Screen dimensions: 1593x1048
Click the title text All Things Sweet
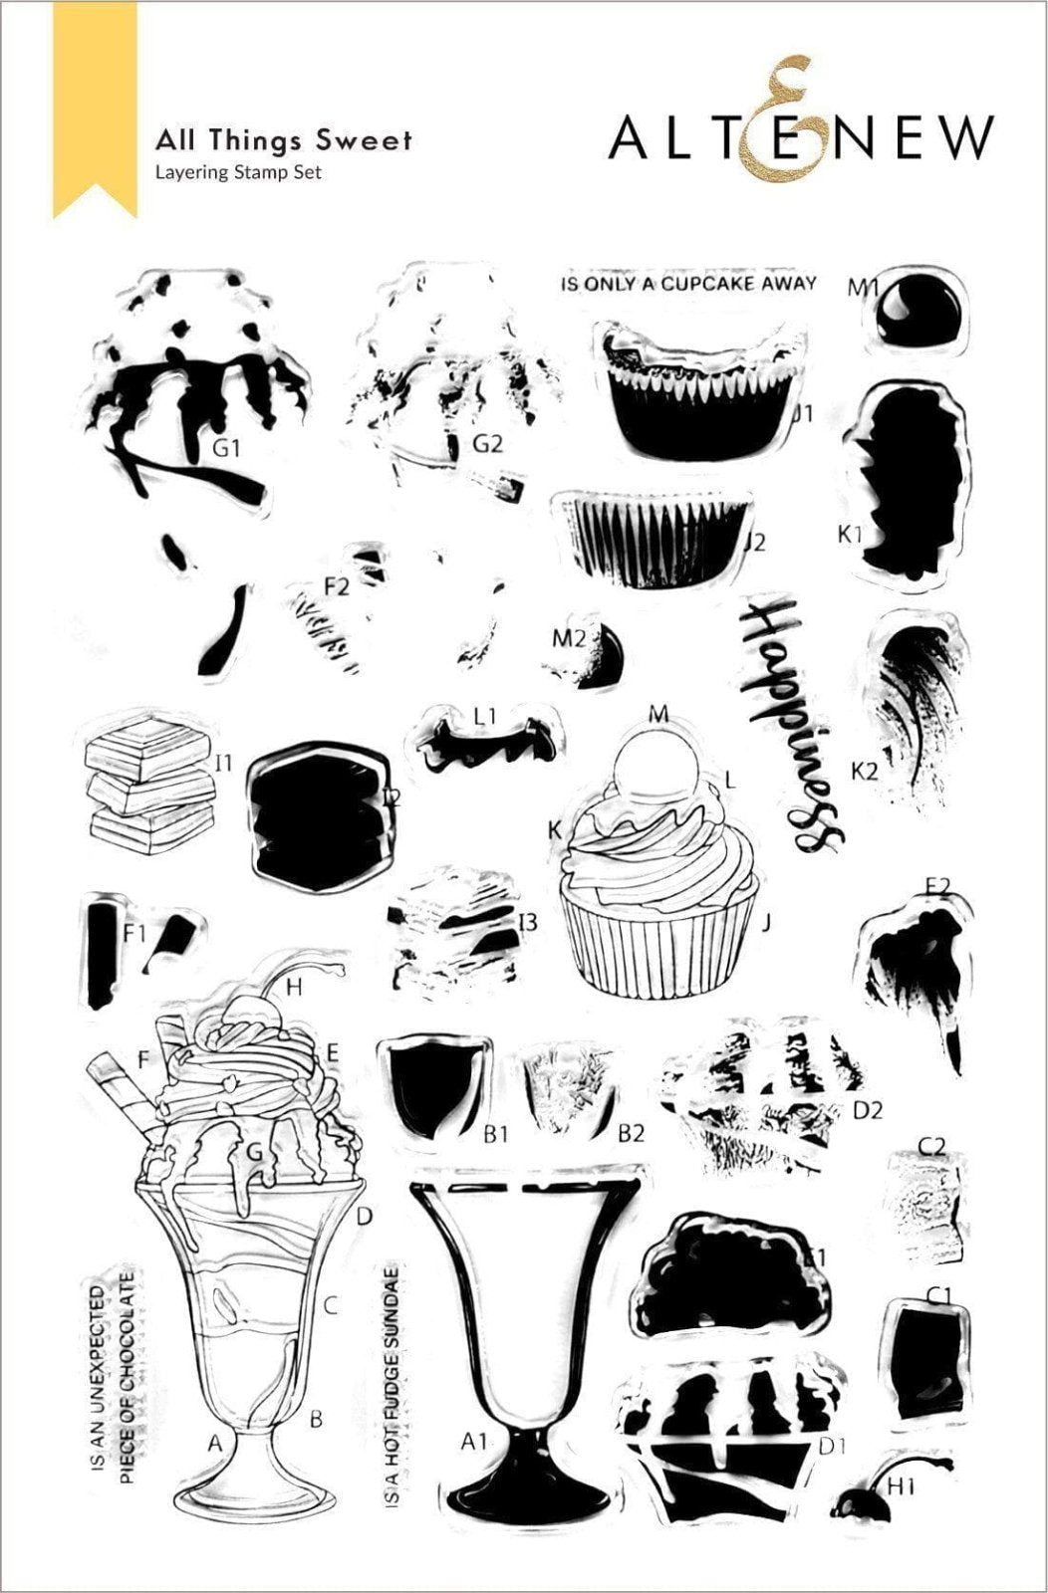click(283, 140)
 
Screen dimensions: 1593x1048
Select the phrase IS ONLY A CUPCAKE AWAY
click(688, 284)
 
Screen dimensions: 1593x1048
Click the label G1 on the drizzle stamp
click(227, 448)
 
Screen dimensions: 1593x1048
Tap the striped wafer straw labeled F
click(124, 1092)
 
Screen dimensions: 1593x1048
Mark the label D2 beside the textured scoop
click(868, 1110)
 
